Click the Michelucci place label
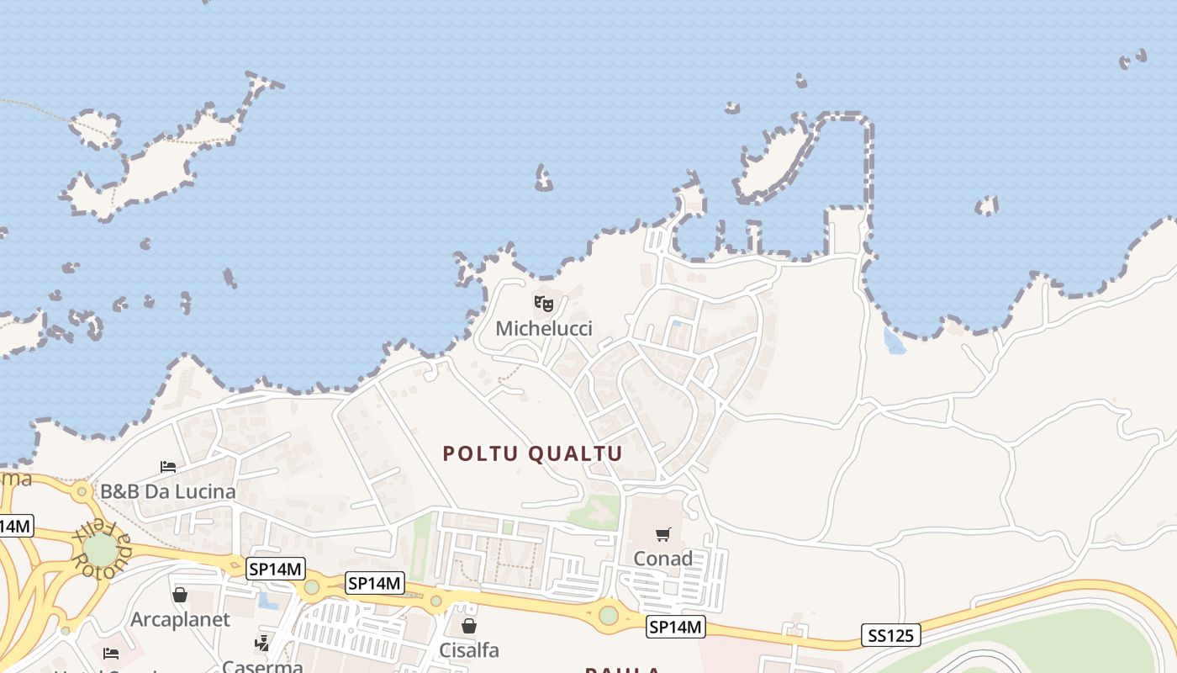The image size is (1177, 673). (x=543, y=329)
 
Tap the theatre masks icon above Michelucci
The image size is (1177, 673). (x=544, y=303)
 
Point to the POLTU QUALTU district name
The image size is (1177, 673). (x=533, y=454)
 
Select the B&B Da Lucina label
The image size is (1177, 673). (x=168, y=491)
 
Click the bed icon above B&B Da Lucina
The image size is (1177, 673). (x=168, y=467)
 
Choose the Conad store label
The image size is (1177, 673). (x=662, y=559)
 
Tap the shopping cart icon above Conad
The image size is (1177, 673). (x=663, y=534)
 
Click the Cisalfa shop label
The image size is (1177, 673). (x=469, y=650)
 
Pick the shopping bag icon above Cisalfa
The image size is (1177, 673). (x=469, y=626)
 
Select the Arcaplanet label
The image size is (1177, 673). (x=179, y=620)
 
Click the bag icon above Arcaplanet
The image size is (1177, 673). (x=180, y=596)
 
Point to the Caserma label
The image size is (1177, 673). (x=262, y=666)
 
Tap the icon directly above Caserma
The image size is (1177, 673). (x=262, y=644)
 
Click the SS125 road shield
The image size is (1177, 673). (x=891, y=635)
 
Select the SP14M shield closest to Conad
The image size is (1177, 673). (x=676, y=627)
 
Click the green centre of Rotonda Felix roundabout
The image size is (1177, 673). (x=100, y=549)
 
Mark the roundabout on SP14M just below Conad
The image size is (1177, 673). (x=609, y=615)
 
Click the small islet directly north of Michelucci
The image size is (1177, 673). (x=544, y=179)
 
